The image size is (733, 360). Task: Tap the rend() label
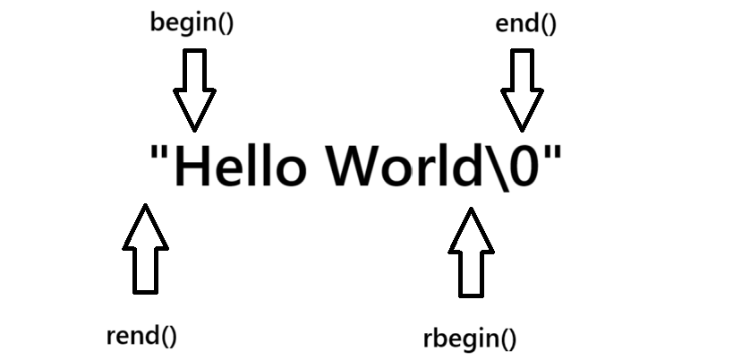point(141,336)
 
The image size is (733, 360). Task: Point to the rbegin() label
point(470,339)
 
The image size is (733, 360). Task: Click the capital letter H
point(194,166)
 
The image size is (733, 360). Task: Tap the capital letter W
point(356,166)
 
